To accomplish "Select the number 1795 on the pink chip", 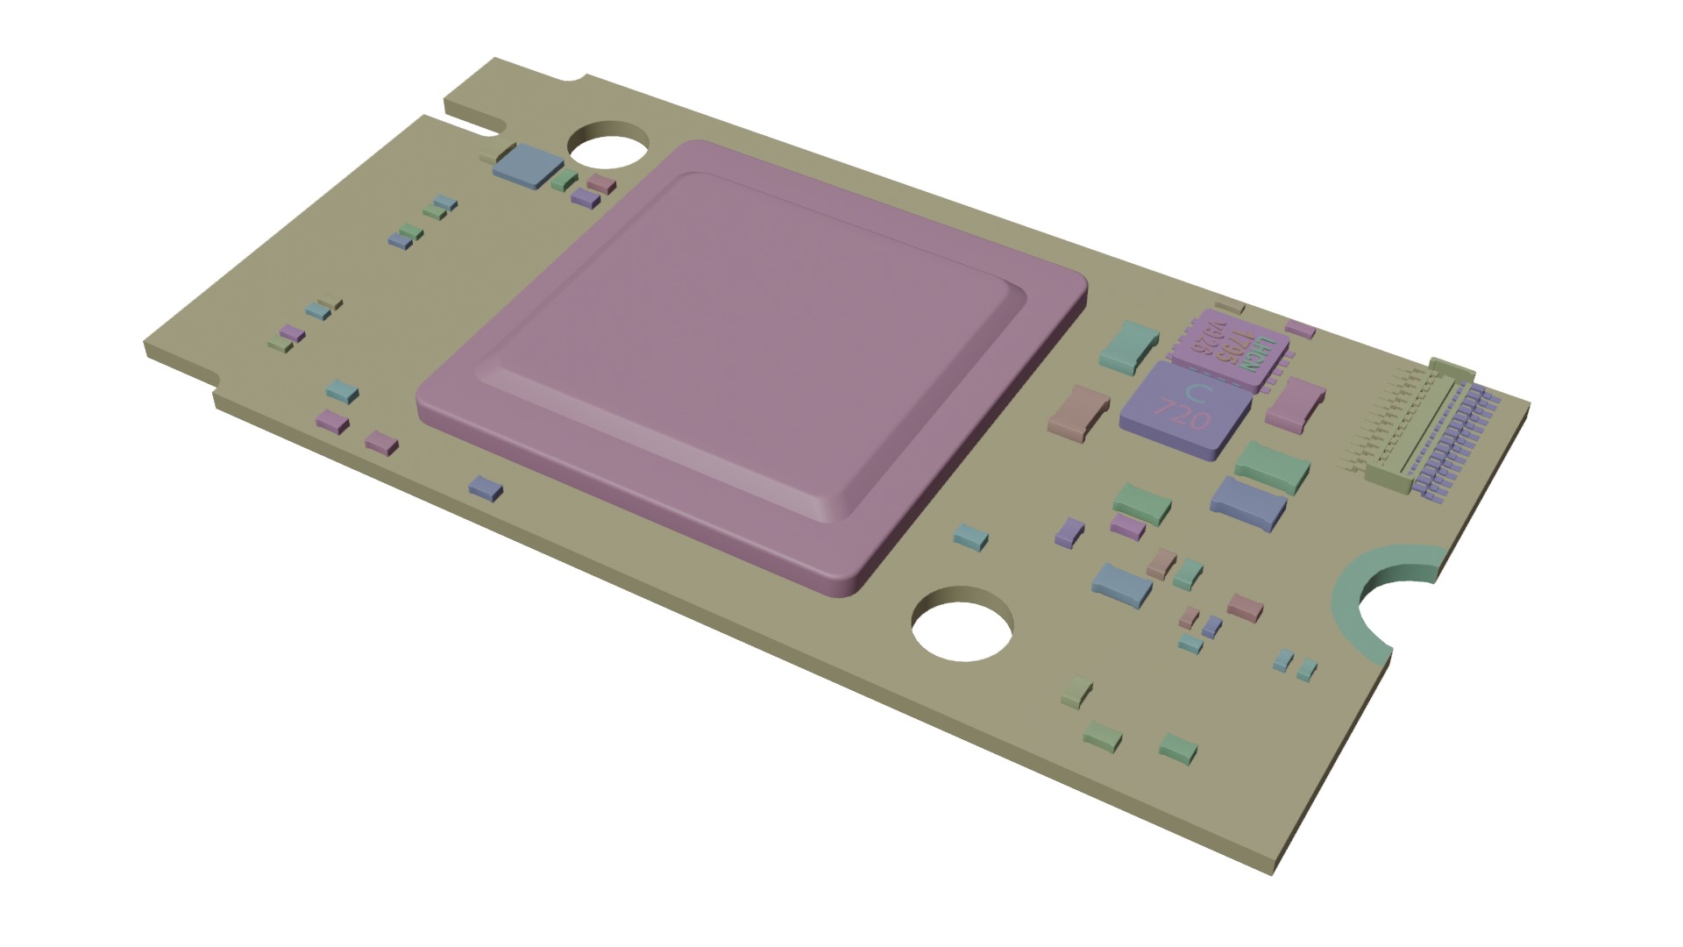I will pos(1237,347).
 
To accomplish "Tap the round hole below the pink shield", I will pos(962,629).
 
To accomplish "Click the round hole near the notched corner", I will pos(608,145).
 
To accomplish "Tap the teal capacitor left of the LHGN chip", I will pos(1129,344).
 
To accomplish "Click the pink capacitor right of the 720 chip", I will pos(1293,405).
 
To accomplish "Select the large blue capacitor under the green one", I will pos(1247,502).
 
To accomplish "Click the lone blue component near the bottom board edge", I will pos(486,488).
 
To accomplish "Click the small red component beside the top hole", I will pos(602,183).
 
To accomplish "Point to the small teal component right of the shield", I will pos(971,537).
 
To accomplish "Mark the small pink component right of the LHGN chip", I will pos(1300,331).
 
